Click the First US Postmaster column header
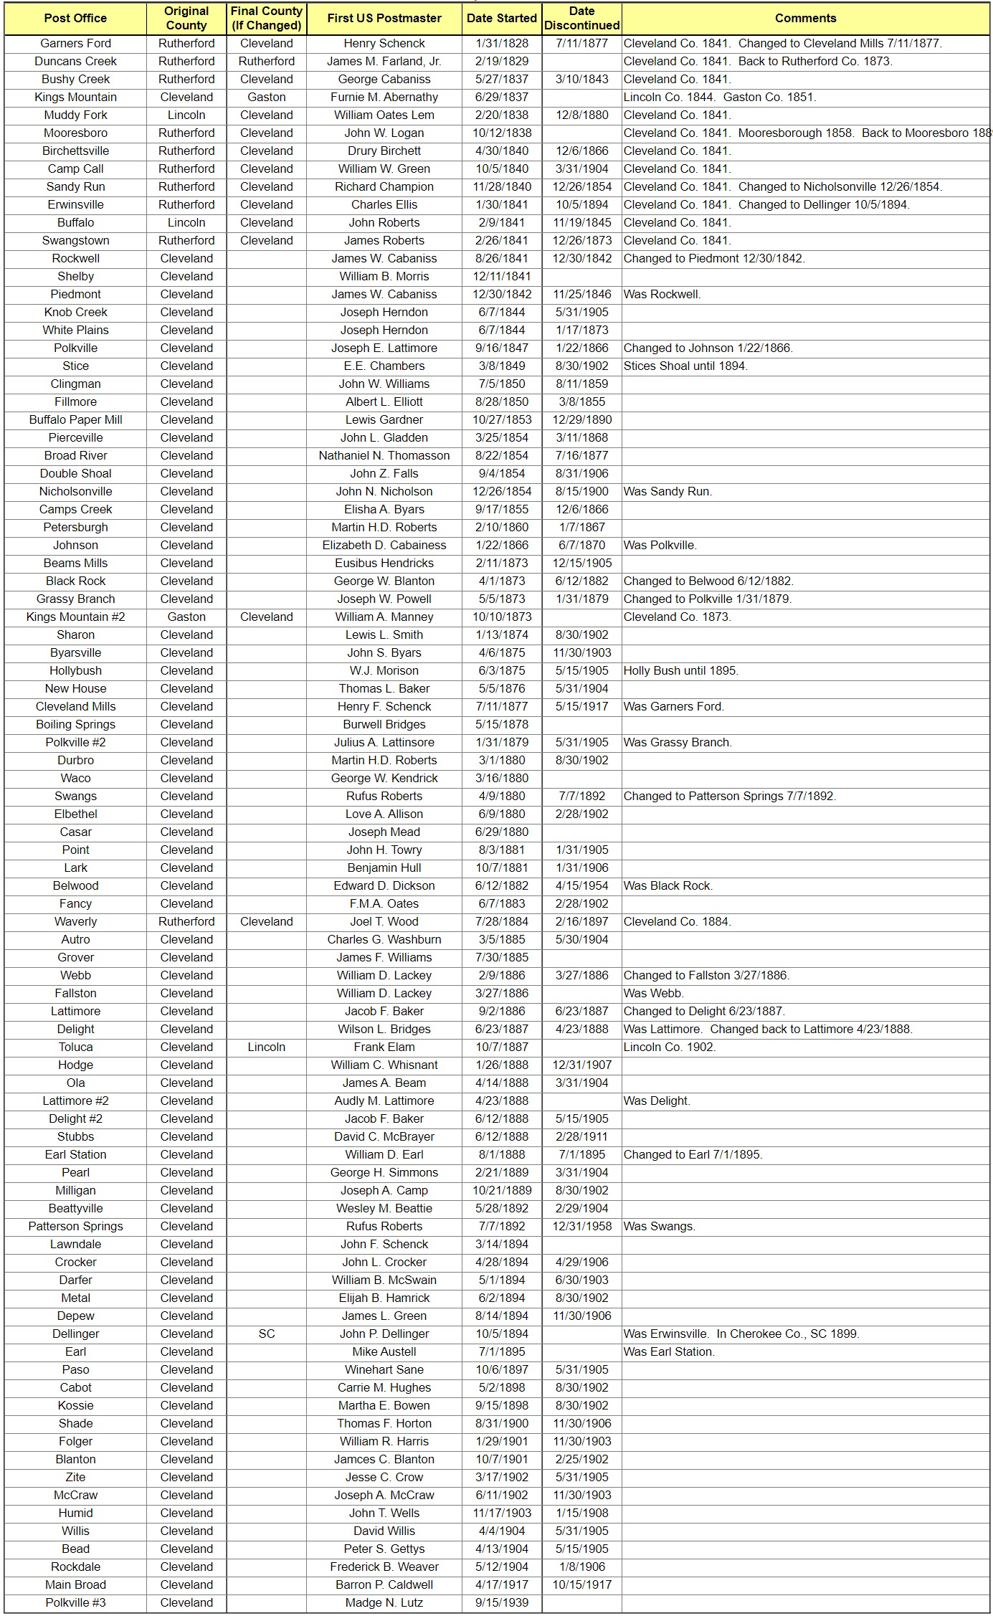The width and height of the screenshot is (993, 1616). pyautogui.click(x=384, y=18)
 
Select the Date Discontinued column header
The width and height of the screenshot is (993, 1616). pyautogui.click(x=581, y=18)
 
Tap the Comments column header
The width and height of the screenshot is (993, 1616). pyautogui.click(x=805, y=18)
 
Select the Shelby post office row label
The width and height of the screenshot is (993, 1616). pyautogui.click(x=75, y=276)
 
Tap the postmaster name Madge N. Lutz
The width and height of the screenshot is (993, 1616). pyautogui.click(x=384, y=1602)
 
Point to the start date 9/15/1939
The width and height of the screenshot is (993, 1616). pyautogui.click(x=501, y=1602)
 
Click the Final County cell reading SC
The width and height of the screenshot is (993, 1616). pyautogui.click(x=266, y=1334)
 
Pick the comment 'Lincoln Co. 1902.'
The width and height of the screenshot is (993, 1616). pyautogui.click(x=669, y=1047)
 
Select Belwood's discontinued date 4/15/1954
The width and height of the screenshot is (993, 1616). pyautogui.click(x=581, y=885)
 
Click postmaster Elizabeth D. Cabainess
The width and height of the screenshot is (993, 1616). pyautogui.click(x=384, y=545)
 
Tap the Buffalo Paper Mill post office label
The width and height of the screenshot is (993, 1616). pyautogui.click(x=75, y=419)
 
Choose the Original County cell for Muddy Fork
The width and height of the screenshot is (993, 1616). pyautogui.click(x=186, y=115)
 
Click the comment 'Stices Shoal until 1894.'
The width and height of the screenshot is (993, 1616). pyautogui.click(x=685, y=366)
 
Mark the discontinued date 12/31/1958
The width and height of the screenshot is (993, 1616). pyautogui.click(x=581, y=1226)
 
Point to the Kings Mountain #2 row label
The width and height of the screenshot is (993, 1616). pyautogui.click(x=75, y=617)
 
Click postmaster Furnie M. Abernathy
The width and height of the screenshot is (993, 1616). pyautogui.click(x=384, y=97)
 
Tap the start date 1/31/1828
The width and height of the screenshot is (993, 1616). pyautogui.click(x=501, y=43)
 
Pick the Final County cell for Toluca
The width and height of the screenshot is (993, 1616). pyautogui.click(x=266, y=1047)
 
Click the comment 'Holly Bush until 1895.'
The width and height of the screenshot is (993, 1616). pyautogui.click(x=680, y=670)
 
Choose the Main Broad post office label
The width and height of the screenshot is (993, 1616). pyautogui.click(x=75, y=1584)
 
